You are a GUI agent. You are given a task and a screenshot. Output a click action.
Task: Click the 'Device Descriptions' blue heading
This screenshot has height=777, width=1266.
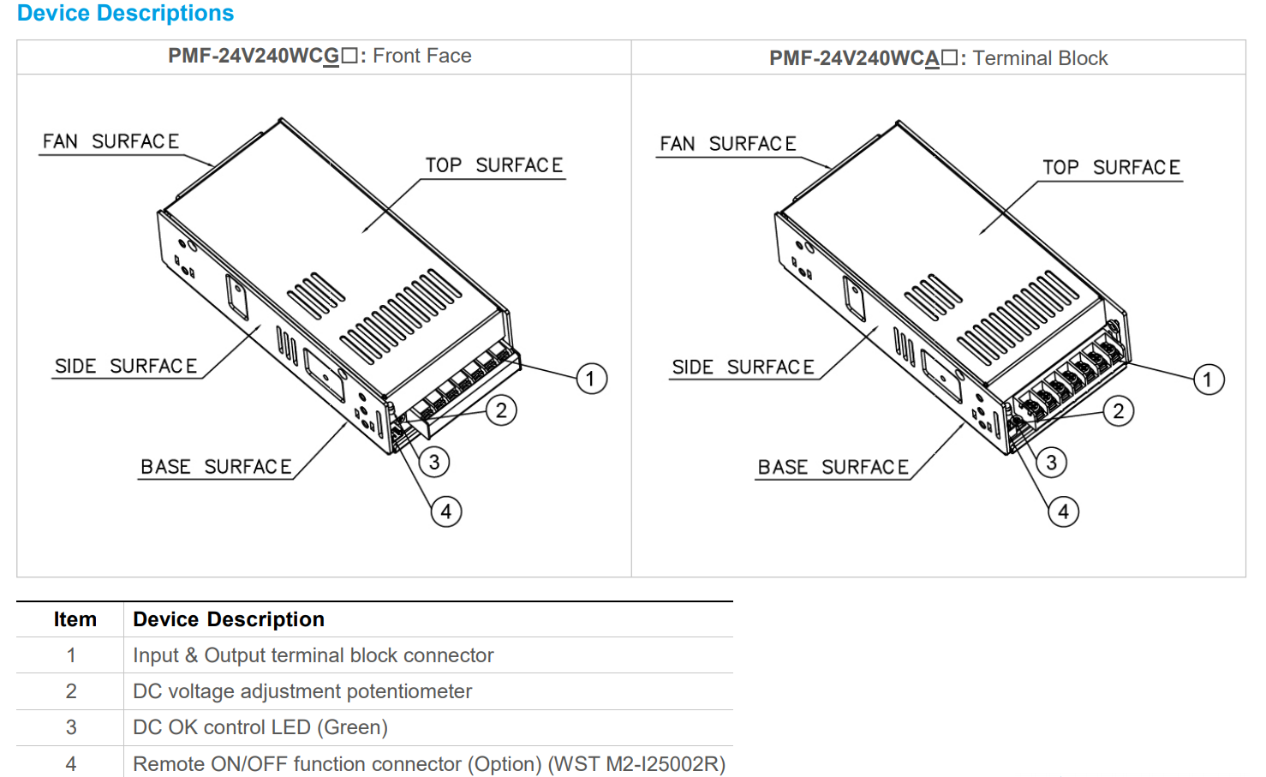[125, 14]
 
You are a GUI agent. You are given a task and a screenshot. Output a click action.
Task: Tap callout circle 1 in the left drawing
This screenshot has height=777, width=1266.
[591, 379]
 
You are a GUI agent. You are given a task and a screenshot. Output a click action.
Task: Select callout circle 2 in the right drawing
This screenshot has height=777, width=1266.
[1118, 411]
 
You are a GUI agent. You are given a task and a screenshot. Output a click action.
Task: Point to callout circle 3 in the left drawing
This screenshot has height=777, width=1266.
[434, 463]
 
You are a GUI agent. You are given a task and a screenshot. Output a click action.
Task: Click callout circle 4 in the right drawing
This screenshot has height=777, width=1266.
[1063, 512]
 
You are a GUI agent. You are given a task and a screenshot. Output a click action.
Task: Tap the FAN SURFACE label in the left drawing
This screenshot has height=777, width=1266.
[110, 141]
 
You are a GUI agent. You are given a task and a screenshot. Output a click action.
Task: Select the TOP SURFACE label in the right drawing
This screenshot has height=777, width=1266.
[1111, 168]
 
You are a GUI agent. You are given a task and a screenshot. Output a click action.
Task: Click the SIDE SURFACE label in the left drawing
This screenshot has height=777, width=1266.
[126, 367]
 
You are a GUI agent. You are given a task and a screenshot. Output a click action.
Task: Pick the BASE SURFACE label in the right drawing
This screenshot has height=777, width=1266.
[833, 468]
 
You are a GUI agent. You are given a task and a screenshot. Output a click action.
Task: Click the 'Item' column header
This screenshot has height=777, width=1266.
[75, 619]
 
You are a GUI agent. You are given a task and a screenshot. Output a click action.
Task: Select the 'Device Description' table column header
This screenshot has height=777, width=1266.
[228, 619]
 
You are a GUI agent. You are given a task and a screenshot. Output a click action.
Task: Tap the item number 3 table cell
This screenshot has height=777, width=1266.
[71, 727]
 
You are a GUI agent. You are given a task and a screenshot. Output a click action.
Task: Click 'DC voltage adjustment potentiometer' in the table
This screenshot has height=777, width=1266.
[302, 691]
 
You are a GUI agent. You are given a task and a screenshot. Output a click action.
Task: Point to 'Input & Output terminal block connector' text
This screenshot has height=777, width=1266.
[313, 655]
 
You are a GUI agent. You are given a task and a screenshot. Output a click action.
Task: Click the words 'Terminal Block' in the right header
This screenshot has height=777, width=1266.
[1040, 58]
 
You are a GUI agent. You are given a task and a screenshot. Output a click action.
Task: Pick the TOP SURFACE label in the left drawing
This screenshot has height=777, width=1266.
[494, 165]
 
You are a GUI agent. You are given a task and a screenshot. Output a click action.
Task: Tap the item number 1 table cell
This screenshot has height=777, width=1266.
[71, 655]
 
